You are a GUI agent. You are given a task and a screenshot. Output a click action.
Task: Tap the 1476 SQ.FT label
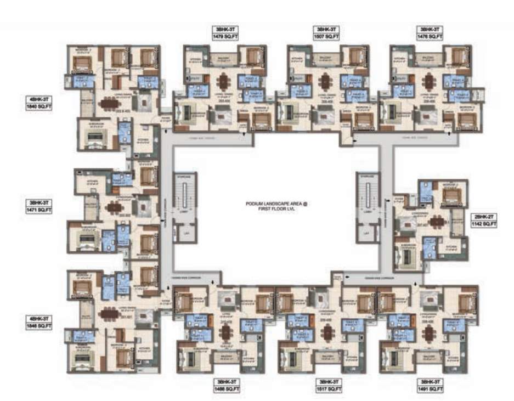pyautogui.click(x=430, y=36)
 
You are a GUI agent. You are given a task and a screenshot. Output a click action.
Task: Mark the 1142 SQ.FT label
pyautogui.click(x=483, y=224)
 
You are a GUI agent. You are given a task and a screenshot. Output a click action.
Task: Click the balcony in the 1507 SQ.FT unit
pyautogui.click(x=326, y=58)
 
